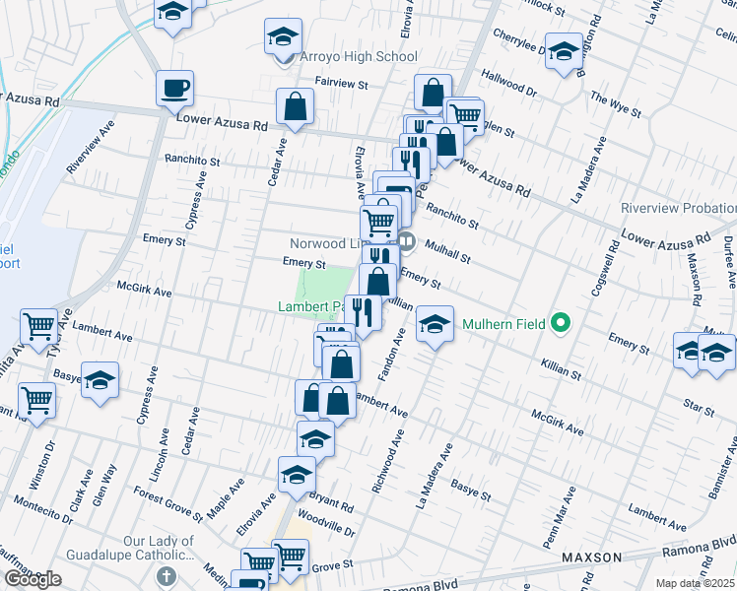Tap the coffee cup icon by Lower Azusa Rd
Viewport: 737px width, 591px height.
174,89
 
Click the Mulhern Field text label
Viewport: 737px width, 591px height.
502,322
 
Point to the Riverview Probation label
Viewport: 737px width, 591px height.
678,209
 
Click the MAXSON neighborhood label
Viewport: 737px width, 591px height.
591,558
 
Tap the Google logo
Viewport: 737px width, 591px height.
33,579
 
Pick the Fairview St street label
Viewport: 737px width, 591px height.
340,85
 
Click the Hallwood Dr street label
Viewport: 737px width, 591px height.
508,82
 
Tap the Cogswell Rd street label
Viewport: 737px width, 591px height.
611,258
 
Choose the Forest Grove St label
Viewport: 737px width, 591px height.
168,504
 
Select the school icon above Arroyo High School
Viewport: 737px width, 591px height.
283,37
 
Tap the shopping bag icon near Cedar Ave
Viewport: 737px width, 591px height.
295,105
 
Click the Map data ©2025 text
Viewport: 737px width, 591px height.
695,582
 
